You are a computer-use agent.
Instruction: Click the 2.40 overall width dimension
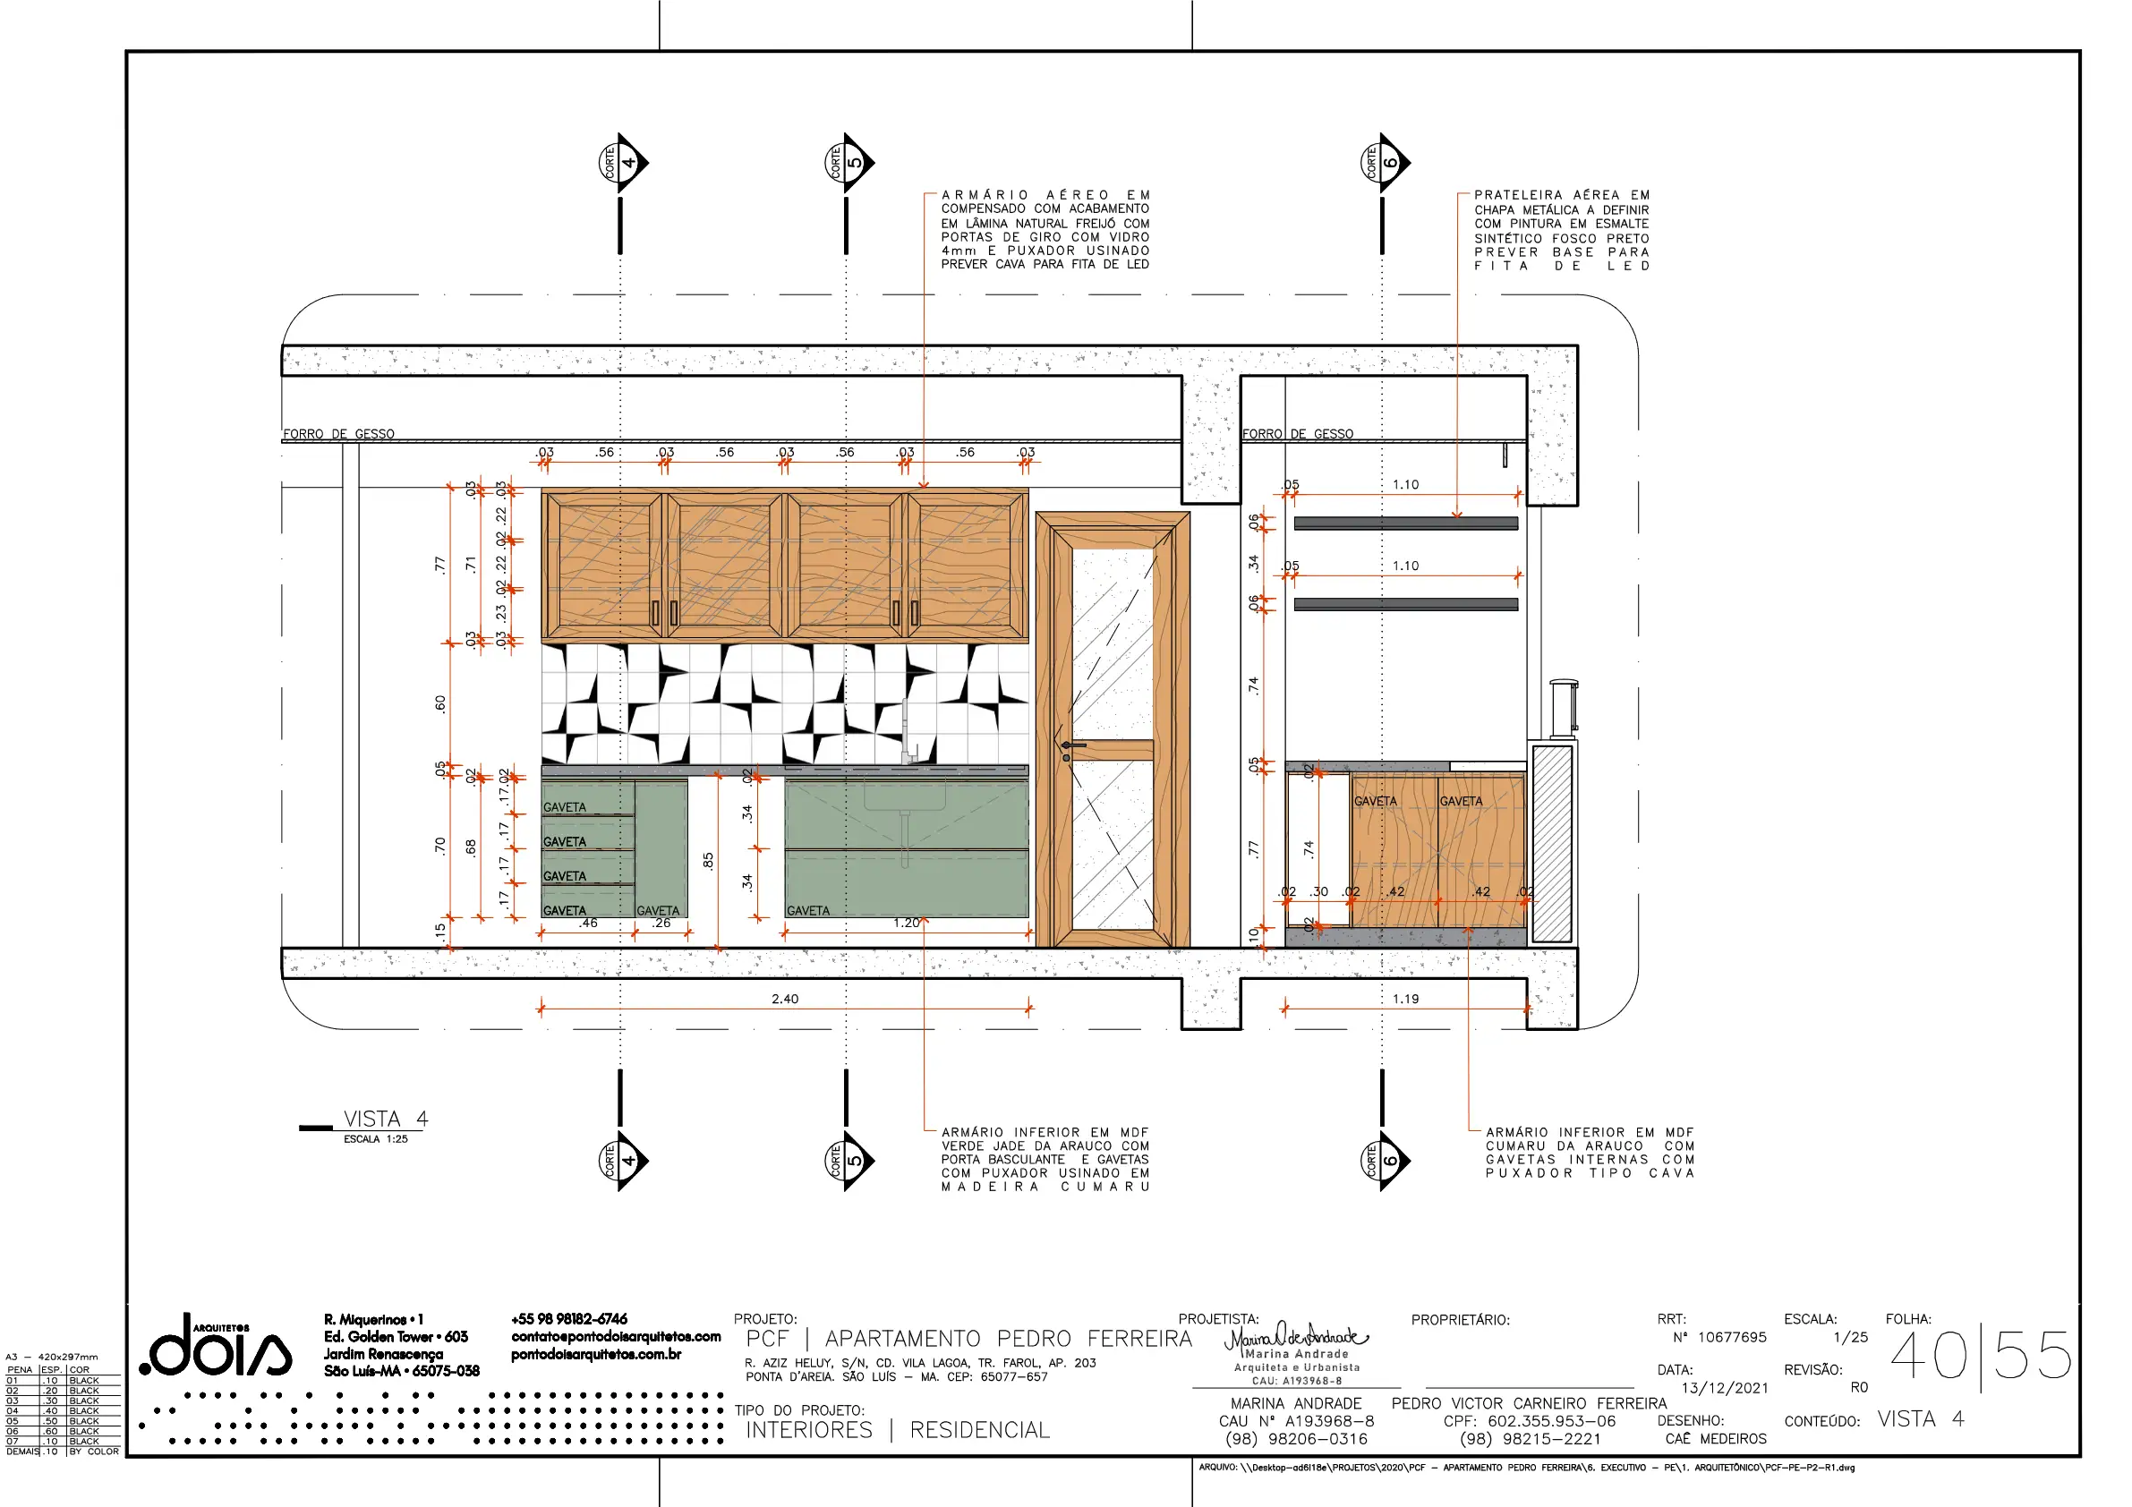point(785,999)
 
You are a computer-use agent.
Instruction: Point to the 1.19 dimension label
point(1406,999)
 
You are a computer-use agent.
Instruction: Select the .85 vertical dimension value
point(709,861)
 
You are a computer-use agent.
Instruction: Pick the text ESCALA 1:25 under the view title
point(375,1139)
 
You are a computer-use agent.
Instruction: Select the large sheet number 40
point(1929,1356)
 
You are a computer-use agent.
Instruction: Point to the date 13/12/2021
point(1725,1388)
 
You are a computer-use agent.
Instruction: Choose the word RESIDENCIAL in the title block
point(980,1430)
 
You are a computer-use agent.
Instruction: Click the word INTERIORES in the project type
point(809,1430)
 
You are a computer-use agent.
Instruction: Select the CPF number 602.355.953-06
point(1552,1422)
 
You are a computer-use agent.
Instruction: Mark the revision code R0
point(1859,1387)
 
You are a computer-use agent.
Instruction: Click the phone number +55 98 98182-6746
point(569,1319)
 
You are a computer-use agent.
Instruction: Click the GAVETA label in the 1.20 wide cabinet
point(808,911)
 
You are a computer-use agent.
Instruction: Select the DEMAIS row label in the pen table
point(22,1452)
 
